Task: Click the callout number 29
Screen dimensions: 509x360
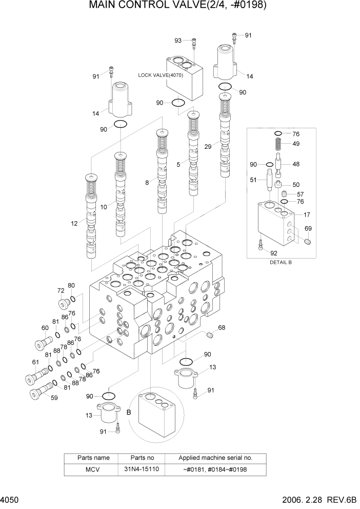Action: click(207, 147)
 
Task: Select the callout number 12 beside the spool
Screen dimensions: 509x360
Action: click(74, 223)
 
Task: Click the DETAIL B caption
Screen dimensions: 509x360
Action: click(281, 262)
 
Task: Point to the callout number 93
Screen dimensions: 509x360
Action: click(178, 41)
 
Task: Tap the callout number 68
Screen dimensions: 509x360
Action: click(222, 327)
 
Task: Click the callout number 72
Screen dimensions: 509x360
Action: click(60, 290)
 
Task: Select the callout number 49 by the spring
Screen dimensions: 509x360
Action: click(296, 144)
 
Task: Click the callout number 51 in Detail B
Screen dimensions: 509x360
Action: click(253, 180)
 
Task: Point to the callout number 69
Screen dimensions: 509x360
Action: click(308, 228)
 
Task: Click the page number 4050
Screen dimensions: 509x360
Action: click(9, 501)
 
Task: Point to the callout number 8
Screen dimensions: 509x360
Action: click(147, 182)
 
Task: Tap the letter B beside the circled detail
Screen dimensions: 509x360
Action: click(129, 412)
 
